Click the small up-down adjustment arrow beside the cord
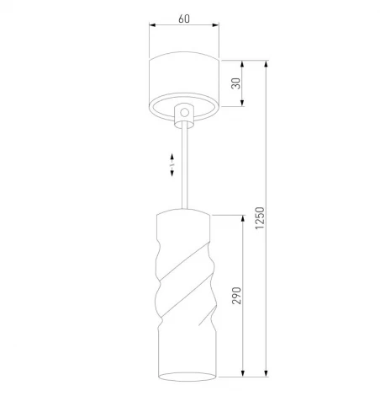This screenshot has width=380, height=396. (x=172, y=163)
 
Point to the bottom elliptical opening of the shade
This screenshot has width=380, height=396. (x=182, y=372)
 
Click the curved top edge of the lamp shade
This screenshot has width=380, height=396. (x=182, y=211)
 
